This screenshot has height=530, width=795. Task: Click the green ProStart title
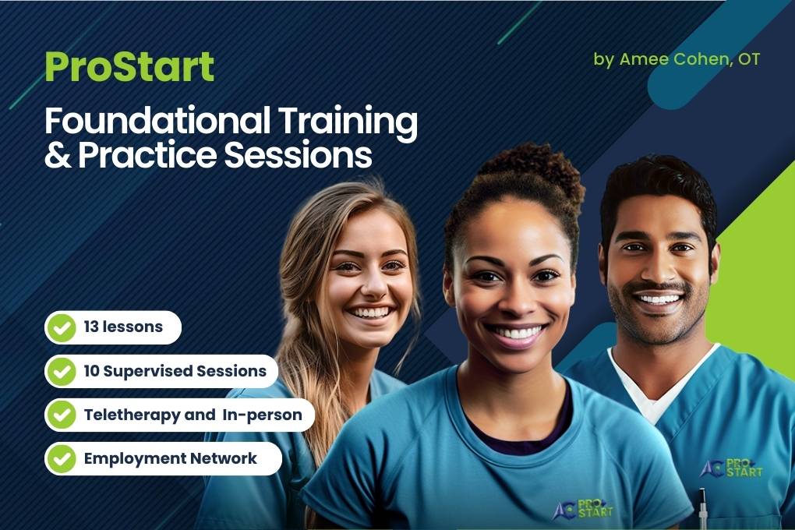pos(129,67)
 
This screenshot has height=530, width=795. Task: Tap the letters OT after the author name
pos(749,59)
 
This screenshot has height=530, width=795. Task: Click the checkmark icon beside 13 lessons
pos(62,327)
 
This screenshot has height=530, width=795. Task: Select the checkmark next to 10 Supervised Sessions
pos(62,371)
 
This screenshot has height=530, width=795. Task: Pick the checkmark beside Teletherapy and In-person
pos(62,415)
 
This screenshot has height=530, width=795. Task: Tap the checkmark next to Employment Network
pos(62,458)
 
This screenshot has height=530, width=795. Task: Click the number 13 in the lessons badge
pos(91,327)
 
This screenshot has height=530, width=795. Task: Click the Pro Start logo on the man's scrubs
pos(731,468)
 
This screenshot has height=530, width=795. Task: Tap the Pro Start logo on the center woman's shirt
pos(583,509)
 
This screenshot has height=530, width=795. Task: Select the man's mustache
pos(658,288)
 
